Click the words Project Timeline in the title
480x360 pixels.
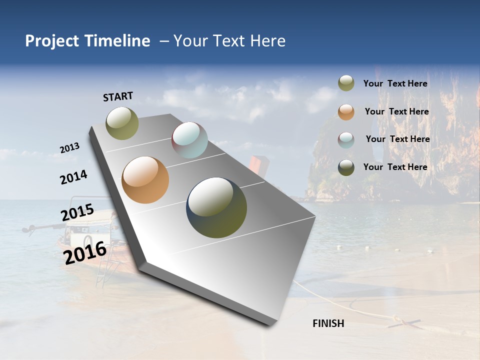coord(87,41)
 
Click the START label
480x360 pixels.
coord(118,96)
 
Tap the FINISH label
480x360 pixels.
coord(328,323)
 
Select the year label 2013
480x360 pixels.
coord(70,148)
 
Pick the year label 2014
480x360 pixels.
coord(74,177)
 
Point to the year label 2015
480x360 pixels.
coord(77,212)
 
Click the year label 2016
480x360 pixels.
coord(85,252)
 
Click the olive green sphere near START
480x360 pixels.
coord(122,123)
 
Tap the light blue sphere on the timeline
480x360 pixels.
coord(189,140)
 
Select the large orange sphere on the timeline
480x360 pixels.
coord(145,180)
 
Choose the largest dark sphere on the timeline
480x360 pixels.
coord(216,207)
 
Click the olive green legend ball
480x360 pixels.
coord(346,83)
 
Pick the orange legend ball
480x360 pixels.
coord(346,112)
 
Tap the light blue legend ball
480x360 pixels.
coord(346,140)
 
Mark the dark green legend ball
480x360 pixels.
coord(346,167)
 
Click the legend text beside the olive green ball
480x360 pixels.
coord(395,84)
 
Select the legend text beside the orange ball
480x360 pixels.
coord(396,111)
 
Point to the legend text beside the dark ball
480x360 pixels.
coord(395,167)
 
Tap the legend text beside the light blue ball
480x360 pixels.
coord(397,139)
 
